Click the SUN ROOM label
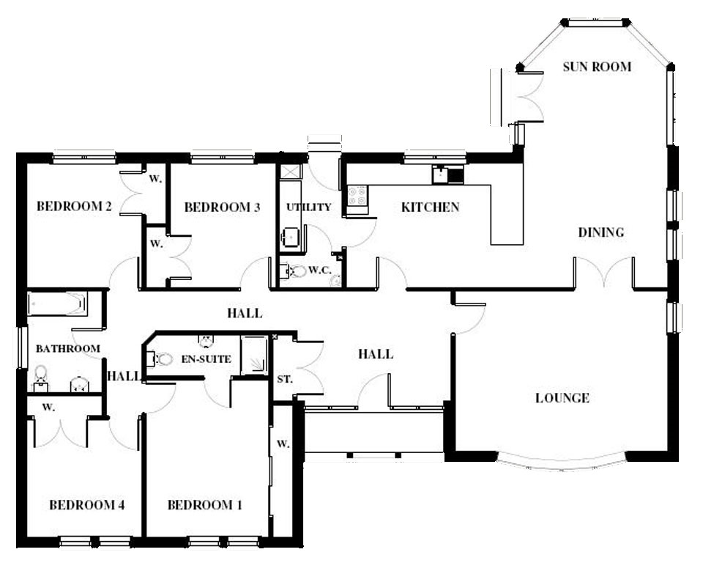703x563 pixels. pos(597,67)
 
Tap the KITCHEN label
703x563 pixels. pos(430,207)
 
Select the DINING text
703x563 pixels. pos(600,232)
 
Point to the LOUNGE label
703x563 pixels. pos(562,398)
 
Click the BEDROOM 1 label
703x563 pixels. pos(205,505)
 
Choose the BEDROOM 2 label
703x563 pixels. pos(74,206)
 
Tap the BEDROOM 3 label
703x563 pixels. pos(222,207)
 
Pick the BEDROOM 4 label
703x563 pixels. pos(86,505)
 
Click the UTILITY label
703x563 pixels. pos(308,207)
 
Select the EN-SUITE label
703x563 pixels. pos(207,359)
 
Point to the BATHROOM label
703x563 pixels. pos(67,348)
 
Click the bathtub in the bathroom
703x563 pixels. pos(57,303)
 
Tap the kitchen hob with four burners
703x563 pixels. pos(358,196)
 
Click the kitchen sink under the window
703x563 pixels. pos(441,174)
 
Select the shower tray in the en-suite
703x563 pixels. pos(254,355)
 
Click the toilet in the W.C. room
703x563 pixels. pos(298,271)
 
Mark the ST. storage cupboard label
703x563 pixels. pos(285,380)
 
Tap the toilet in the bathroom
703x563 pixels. pos(40,374)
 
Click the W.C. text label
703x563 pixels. pos(320,271)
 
